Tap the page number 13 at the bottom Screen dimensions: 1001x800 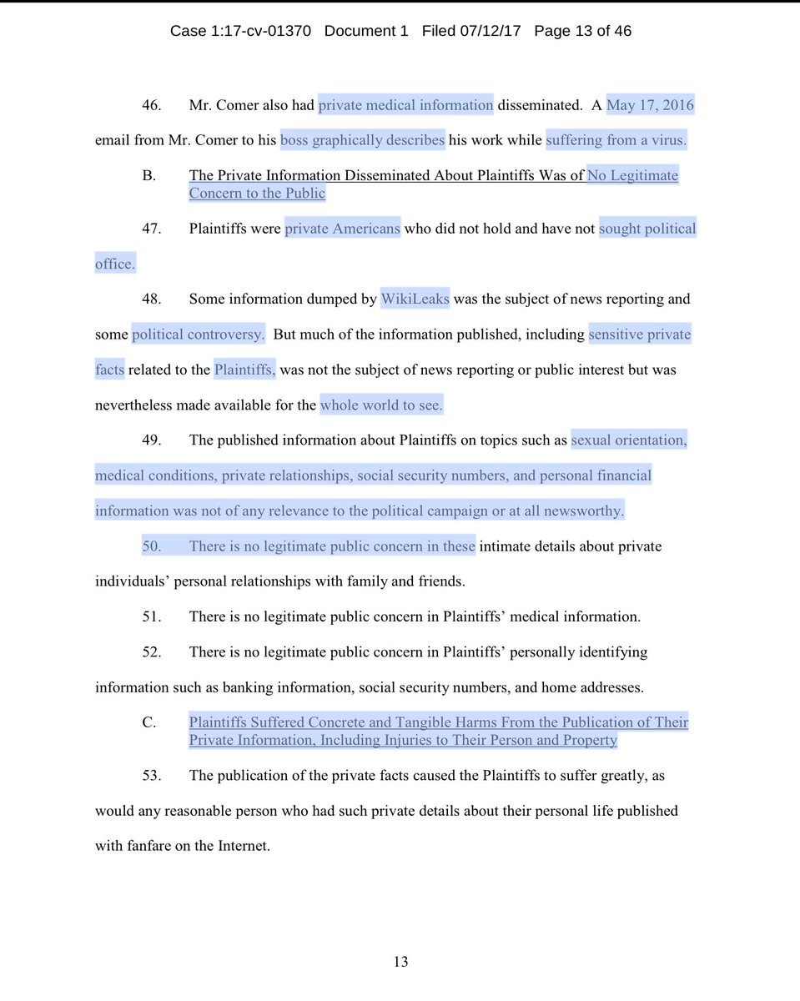pyautogui.click(x=400, y=962)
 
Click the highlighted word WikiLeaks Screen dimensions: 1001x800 pyautogui.click(x=415, y=299)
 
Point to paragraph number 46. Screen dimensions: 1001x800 pyautogui.click(x=151, y=105)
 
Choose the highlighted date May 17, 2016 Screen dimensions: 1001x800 pyautogui.click(x=650, y=105)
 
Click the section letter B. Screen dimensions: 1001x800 pyautogui.click(x=148, y=175)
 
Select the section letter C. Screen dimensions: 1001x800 pyautogui.click(x=148, y=722)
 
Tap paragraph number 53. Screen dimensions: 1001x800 pyautogui.click(x=151, y=776)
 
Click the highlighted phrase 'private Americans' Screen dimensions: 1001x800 pyautogui.click(x=342, y=229)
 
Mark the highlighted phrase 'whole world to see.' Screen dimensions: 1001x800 pyautogui.click(x=381, y=405)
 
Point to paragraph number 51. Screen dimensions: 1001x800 pyautogui.click(x=151, y=617)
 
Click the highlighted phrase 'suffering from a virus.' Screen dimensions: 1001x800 pyautogui.click(x=616, y=140)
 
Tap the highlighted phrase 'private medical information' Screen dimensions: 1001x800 pyautogui.click(x=405, y=105)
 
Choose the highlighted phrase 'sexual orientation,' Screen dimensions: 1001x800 pyautogui.click(x=629, y=440)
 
